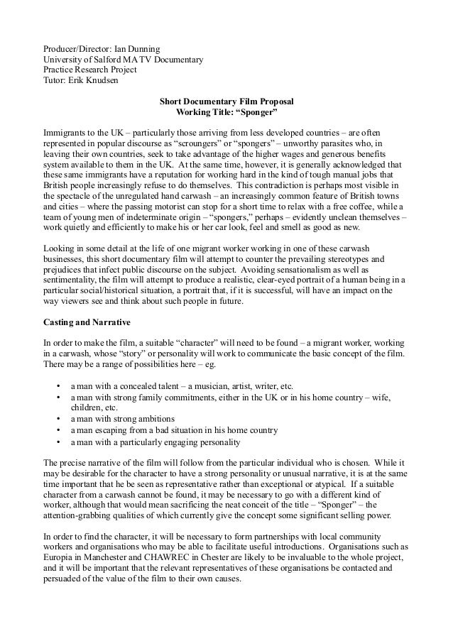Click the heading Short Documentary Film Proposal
(x=226, y=102)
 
